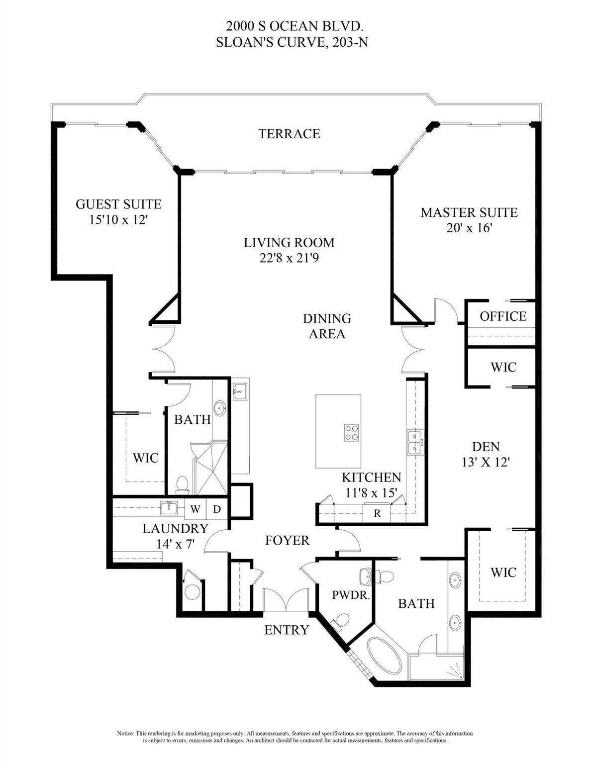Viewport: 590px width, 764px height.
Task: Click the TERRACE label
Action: [x=289, y=133]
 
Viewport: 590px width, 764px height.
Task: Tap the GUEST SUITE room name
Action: [x=118, y=204]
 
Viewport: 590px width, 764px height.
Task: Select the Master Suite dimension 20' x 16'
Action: [x=469, y=228]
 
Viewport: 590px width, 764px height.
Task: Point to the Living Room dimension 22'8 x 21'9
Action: [x=289, y=259]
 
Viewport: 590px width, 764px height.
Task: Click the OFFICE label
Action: [x=503, y=316]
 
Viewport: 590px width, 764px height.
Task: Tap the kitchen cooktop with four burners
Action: [x=352, y=432]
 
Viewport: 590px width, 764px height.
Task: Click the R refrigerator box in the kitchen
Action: [x=377, y=513]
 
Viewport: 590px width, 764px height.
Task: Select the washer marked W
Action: [x=196, y=509]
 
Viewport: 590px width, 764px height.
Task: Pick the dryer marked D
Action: [x=217, y=509]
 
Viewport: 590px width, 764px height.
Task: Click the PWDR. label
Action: [x=351, y=595]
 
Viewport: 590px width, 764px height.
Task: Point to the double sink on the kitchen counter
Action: [x=415, y=442]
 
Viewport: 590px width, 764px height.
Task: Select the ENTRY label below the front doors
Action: [x=287, y=630]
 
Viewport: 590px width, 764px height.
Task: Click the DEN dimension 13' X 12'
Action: [x=486, y=462]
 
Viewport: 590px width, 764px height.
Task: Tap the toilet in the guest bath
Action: [x=182, y=484]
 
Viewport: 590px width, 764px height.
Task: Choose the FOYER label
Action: [x=287, y=540]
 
